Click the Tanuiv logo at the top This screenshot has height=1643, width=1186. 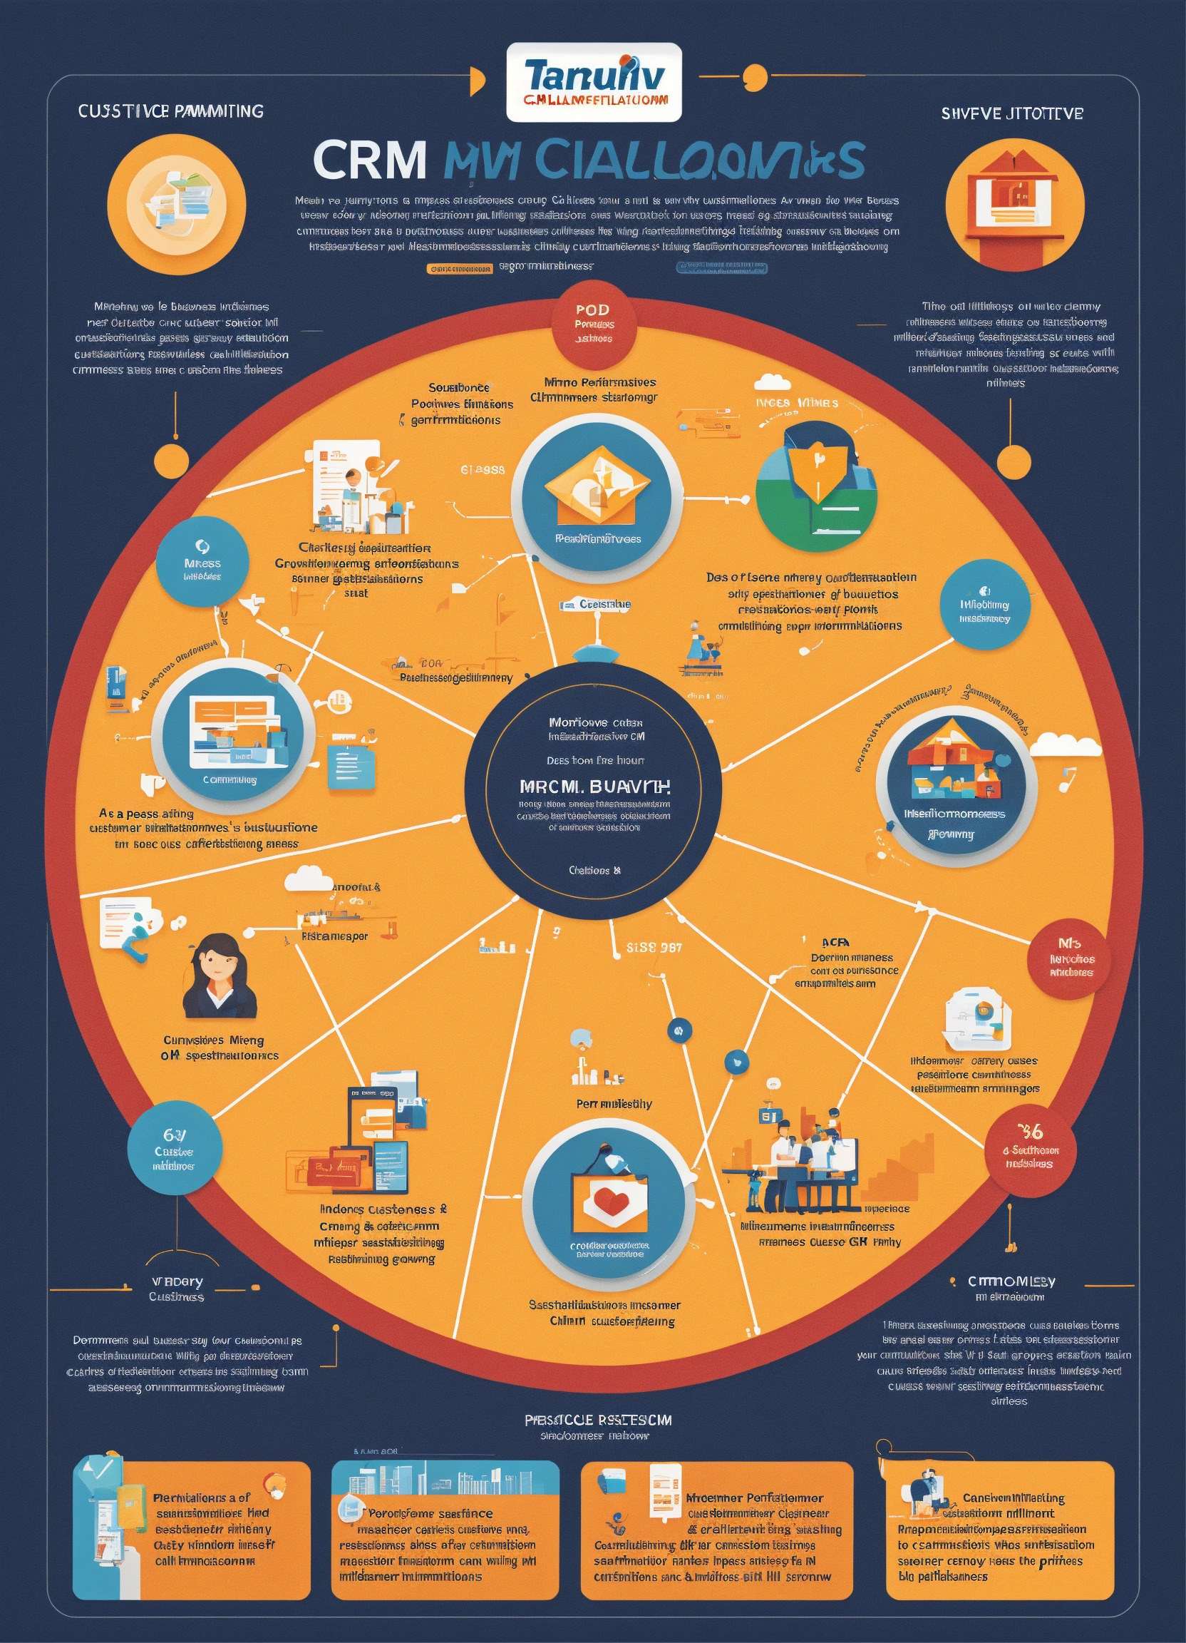tap(594, 82)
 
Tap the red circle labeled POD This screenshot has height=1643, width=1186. tap(594, 324)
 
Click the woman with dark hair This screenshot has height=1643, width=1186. tap(219, 976)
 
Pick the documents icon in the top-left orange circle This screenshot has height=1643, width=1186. tap(176, 203)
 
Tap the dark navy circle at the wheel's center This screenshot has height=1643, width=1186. tap(592, 792)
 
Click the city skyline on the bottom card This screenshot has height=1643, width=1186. tap(445, 1478)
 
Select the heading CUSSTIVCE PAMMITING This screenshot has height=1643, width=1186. tap(171, 111)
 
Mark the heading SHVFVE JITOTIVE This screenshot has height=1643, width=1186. tap(1011, 113)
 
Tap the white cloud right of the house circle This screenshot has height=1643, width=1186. tap(1064, 744)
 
